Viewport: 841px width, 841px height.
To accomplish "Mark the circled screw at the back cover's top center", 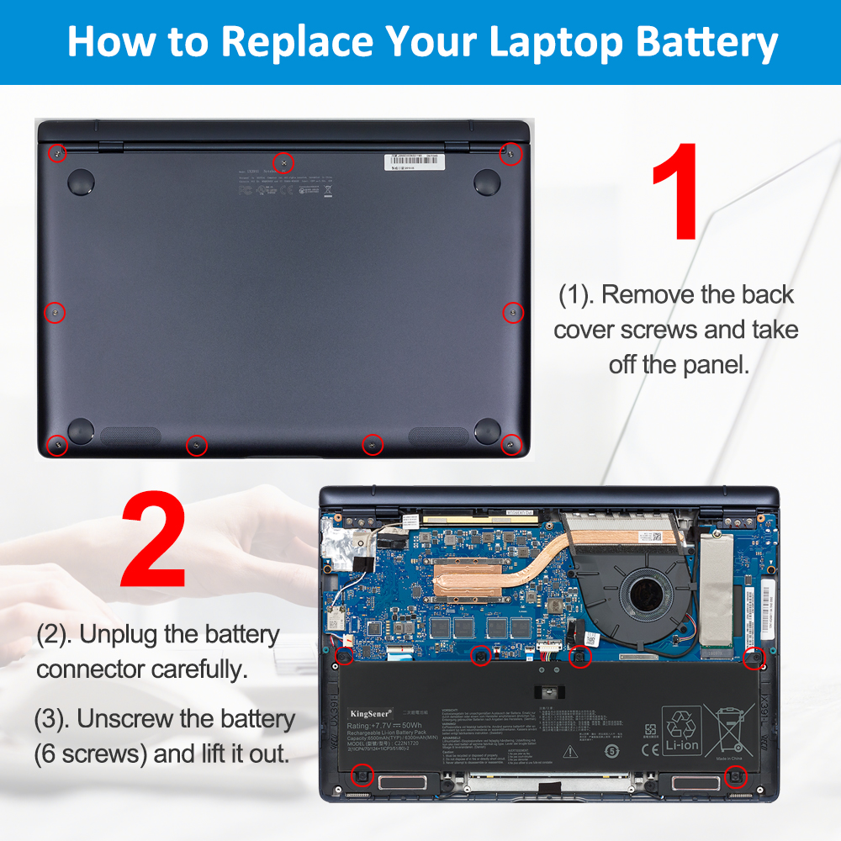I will (284, 161).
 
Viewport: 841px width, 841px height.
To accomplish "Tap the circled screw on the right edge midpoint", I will (512, 312).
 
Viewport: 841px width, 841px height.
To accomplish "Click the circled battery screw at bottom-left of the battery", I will (362, 775).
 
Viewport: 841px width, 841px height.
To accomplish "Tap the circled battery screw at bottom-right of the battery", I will (733, 775).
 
